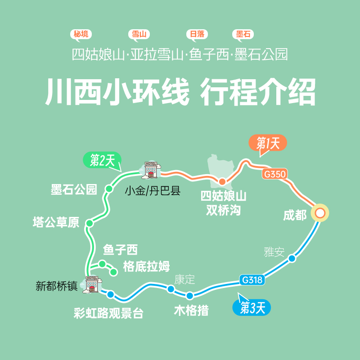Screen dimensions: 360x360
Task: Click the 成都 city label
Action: (x=295, y=215)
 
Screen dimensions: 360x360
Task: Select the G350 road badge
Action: (x=275, y=175)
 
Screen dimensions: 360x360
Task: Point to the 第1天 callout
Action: (x=268, y=144)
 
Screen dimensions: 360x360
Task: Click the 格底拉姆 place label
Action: (x=146, y=266)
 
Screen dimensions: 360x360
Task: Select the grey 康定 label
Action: (x=184, y=279)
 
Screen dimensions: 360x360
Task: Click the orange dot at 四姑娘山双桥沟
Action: (x=222, y=181)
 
